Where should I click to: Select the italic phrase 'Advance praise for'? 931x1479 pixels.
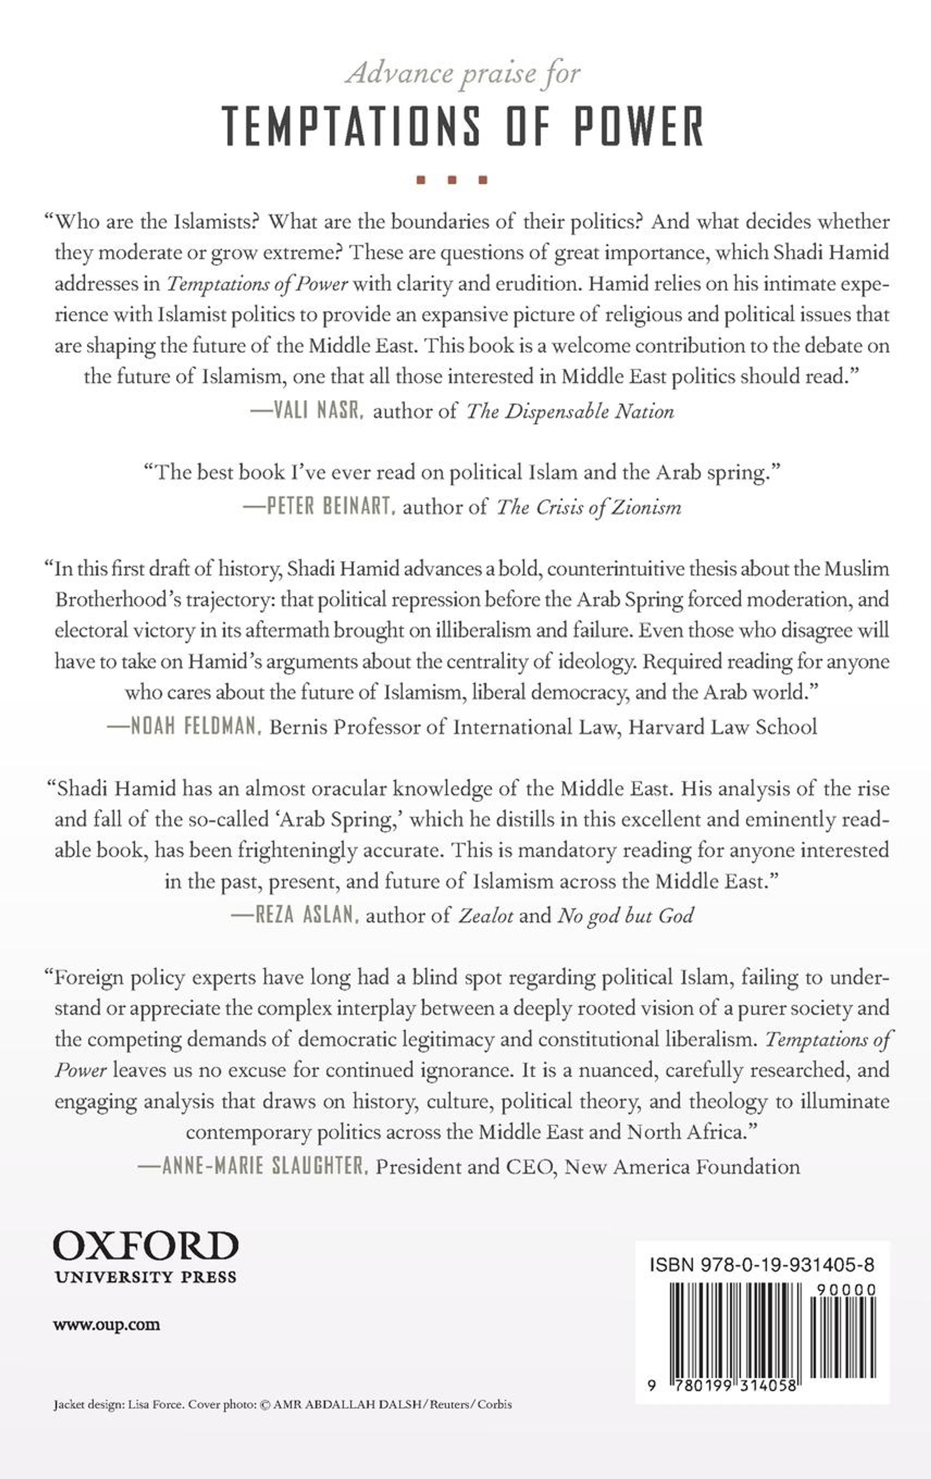point(462,74)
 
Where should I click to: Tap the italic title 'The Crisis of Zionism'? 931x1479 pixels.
point(589,507)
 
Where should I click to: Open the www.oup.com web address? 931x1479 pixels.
point(107,1325)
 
